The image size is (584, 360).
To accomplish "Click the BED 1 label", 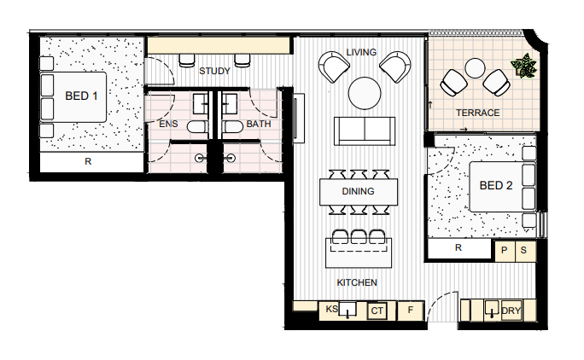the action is click(81, 96).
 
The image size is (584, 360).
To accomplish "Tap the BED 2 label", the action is click(496, 185).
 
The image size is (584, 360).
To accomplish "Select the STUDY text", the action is click(214, 71).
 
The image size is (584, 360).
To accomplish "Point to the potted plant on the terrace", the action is click(524, 67).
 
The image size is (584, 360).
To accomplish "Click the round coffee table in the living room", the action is click(365, 93).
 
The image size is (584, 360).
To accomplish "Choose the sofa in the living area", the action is click(365, 131).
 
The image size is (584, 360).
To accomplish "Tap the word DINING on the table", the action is click(358, 191).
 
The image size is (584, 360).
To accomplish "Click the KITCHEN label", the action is click(357, 282).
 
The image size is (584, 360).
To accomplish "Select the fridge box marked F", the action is click(411, 311).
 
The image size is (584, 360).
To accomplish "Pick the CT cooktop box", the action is click(377, 311).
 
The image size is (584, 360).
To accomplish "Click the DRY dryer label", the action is click(511, 311).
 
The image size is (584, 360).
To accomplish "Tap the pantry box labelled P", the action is click(505, 251).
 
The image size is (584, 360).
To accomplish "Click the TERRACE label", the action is click(478, 113).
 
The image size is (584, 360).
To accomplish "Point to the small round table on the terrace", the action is click(475, 68).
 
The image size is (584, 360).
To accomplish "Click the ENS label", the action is click(168, 124).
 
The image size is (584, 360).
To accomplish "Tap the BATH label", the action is click(259, 124).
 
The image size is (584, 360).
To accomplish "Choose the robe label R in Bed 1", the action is click(88, 161).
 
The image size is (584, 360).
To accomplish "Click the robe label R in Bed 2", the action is click(458, 247).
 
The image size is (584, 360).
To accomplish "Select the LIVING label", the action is click(361, 52).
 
